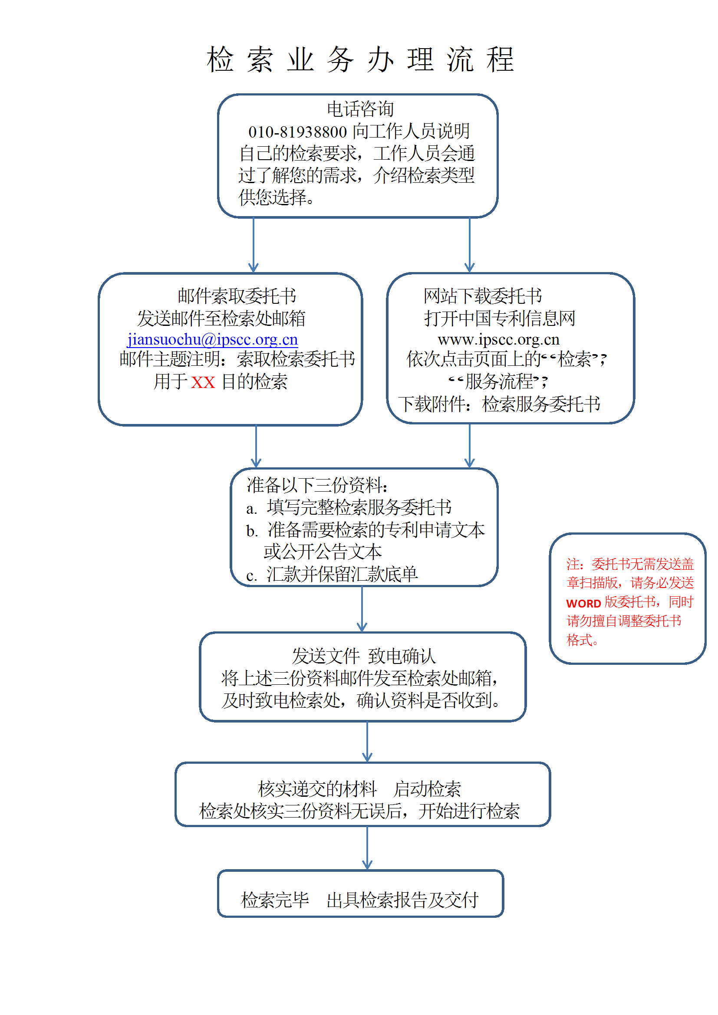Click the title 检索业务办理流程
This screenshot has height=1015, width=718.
tap(360, 59)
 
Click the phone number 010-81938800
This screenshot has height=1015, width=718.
tap(297, 132)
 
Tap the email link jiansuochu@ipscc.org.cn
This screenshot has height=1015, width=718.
tap(213, 339)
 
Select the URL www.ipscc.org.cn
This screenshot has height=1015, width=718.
tap(499, 339)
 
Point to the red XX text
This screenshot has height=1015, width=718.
tap(203, 382)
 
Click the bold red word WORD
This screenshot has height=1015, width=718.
tap(583, 604)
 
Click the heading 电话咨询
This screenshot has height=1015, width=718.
tap(360, 109)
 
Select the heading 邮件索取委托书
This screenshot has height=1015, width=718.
tap(237, 296)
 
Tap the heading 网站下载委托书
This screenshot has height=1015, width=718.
tap(482, 296)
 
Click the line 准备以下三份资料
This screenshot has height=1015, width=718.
tap(317, 485)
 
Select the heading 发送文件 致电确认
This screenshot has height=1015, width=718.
tap(363, 656)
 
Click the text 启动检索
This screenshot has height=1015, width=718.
tap(427, 789)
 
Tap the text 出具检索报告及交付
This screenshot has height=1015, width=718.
tap(402, 900)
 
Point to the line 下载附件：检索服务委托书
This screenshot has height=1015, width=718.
tap(499, 404)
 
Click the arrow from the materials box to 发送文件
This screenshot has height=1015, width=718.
tap(362, 609)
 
